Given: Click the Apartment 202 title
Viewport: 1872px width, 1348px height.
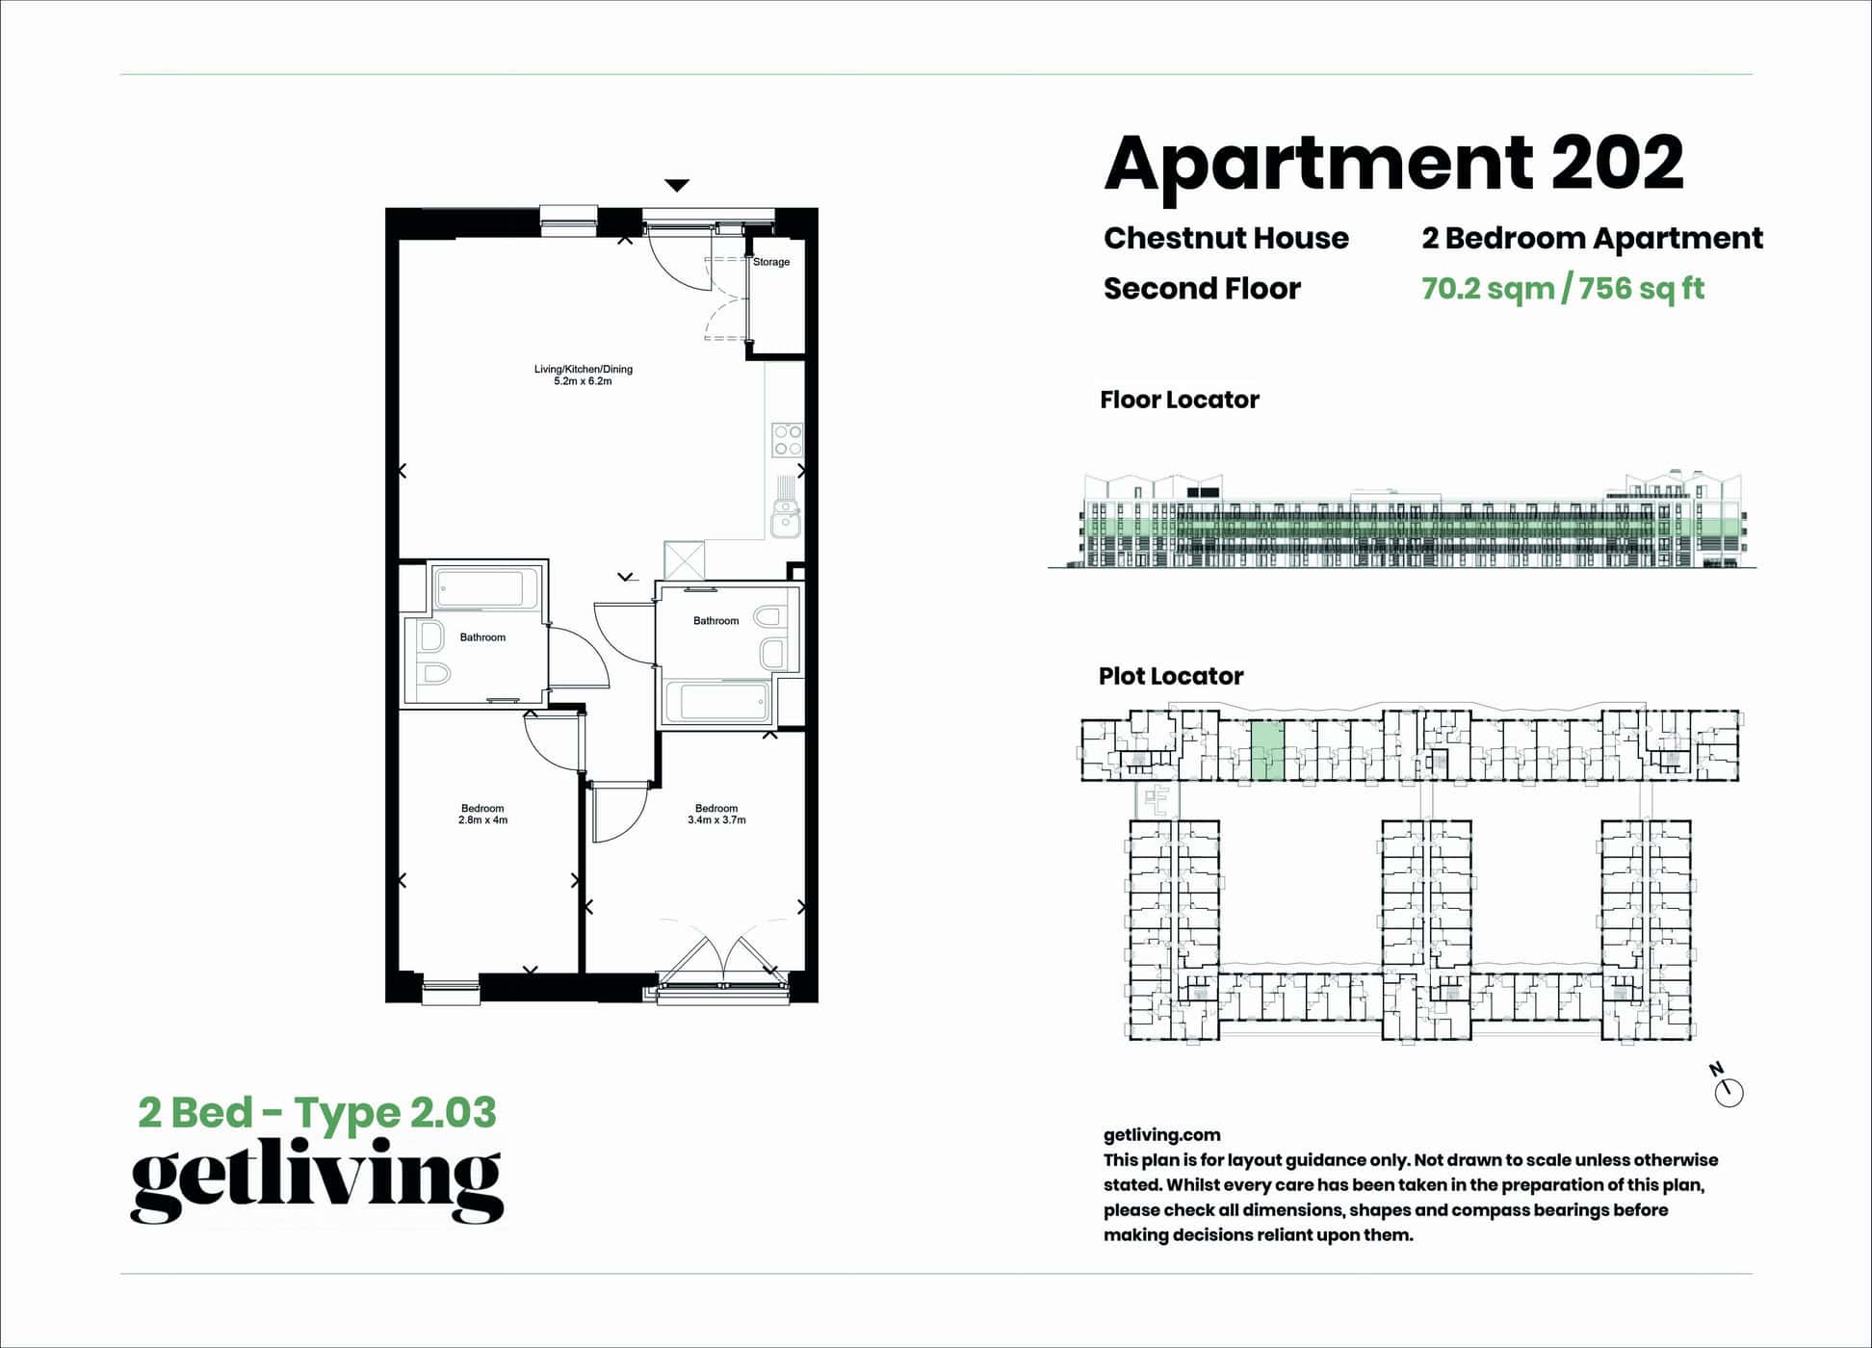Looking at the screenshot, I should pos(1392,164).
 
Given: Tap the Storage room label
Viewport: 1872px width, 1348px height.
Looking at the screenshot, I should pos(771,262).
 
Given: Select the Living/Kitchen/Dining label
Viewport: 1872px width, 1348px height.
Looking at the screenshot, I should pos(583,369).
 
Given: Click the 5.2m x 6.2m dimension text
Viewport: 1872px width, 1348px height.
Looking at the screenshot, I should pos(583,381).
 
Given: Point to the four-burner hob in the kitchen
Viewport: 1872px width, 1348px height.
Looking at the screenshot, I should pos(787,440).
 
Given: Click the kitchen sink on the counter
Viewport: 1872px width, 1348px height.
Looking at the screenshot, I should pos(786,521).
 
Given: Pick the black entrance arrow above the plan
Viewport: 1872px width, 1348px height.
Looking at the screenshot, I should pos(677,185).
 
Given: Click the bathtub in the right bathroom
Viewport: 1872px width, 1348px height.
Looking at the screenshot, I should pos(718,701).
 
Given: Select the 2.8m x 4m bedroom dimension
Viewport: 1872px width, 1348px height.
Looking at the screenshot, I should pos(482,820).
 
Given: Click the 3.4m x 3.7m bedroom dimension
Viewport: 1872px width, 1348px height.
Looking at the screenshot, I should pos(716,820).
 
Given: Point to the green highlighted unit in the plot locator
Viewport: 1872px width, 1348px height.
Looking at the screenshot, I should pos(1267,751).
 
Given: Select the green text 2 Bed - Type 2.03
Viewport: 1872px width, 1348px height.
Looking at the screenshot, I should pos(317,1113).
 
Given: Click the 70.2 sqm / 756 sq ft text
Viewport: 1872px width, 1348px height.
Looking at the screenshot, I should pos(1562,289).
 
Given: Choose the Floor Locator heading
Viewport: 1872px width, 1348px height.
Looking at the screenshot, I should pos(1179,400).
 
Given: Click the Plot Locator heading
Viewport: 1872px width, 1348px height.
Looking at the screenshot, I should pos(1170,676).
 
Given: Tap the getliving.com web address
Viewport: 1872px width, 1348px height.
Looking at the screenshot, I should pos(1161,1135).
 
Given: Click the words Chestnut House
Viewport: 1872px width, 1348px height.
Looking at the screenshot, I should pos(1225,238).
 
